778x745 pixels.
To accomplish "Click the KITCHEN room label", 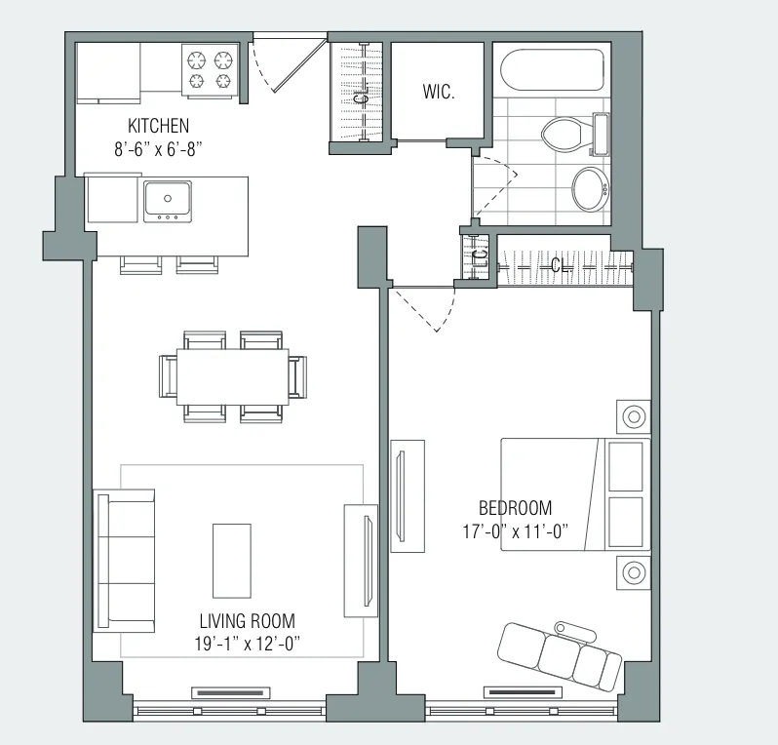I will pyautogui.click(x=158, y=126).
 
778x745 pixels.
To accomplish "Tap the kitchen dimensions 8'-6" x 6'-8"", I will pyautogui.click(x=158, y=148).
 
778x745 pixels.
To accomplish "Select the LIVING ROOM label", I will pyautogui.click(x=247, y=621).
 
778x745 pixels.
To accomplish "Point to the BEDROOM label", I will pyautogui.click(x=515, y=508).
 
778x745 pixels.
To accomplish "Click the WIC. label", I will pyautogui.click(x=439, y=94).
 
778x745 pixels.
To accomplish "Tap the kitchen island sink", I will pyautogui.click(x=167, y=201).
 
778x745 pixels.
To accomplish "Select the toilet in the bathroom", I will pyautogui.click(x=569, y=134).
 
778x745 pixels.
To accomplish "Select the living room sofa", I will pyautogui.click(x=125, y=562).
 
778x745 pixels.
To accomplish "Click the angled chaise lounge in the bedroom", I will pyautogui.click(x=560, y=654).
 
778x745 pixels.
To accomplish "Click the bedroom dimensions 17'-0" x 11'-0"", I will pyautogui.click(x=515, y=531).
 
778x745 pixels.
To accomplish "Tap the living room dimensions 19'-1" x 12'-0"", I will pyautogui.click(x=247, y=644).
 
